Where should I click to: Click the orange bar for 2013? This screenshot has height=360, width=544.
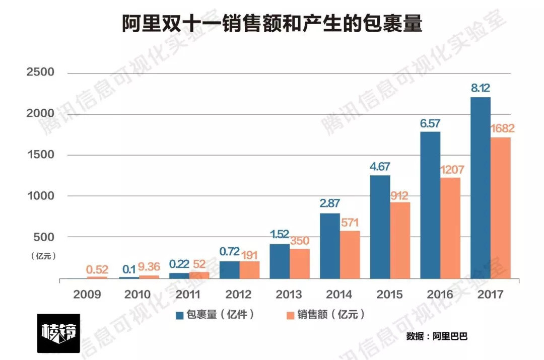point(300,263)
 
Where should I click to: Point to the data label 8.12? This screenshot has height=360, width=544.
point(481,89)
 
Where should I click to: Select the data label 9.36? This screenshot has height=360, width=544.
point(149,267)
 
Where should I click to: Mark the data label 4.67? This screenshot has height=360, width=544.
point(380,167)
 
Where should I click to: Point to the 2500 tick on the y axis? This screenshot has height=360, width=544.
point(40,73)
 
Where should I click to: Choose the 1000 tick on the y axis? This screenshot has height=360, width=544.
point(40,196)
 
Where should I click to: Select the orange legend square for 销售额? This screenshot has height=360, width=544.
point(290,315)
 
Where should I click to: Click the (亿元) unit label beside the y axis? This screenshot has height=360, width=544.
point(43,256)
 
